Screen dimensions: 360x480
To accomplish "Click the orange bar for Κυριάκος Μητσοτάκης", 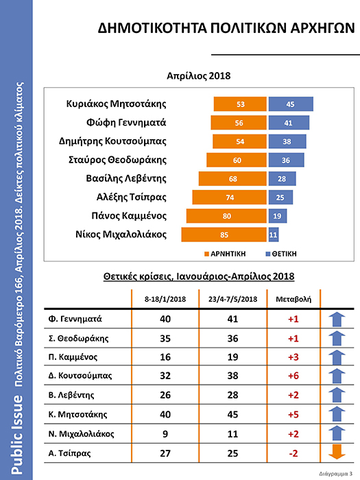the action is (x=240, y=104).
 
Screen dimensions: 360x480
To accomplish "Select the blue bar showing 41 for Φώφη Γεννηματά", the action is (x=289, y=123).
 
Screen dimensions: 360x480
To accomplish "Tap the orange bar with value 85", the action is (x=224, y=235).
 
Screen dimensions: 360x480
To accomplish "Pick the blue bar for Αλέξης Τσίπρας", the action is (x=280, y=197).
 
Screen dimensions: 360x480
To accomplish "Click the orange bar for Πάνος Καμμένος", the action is (x=226, y=216).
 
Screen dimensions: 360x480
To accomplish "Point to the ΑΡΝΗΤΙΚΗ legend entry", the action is (x=225, y=254).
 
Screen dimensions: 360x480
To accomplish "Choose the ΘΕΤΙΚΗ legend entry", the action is (x=281, y=254).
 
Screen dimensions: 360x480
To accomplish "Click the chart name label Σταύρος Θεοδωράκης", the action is (x=117, y=160).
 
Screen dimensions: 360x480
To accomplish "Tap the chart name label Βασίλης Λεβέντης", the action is (x=126, y=179).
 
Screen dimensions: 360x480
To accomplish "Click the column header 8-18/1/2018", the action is (x=165, y=299).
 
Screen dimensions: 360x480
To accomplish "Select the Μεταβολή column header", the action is (x=293, y=299).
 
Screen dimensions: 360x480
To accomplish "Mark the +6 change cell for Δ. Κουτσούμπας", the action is (x=293, y=376).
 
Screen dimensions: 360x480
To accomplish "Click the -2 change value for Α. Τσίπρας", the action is (x=293, y=453).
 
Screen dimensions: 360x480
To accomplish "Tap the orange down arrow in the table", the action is (x=337, y=452).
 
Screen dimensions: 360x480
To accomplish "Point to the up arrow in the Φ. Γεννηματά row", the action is (x=337, y=320).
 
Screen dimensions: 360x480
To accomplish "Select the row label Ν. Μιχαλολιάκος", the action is (x=81, y=434).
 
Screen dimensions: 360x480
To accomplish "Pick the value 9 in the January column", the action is (x=165, y=434).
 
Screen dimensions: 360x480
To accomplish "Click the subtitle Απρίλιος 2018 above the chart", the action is (x=198, y=76).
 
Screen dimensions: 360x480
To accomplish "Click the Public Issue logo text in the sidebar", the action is (x=17, y=435).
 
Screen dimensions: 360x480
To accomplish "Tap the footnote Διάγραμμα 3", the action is (x=335, y=474).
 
